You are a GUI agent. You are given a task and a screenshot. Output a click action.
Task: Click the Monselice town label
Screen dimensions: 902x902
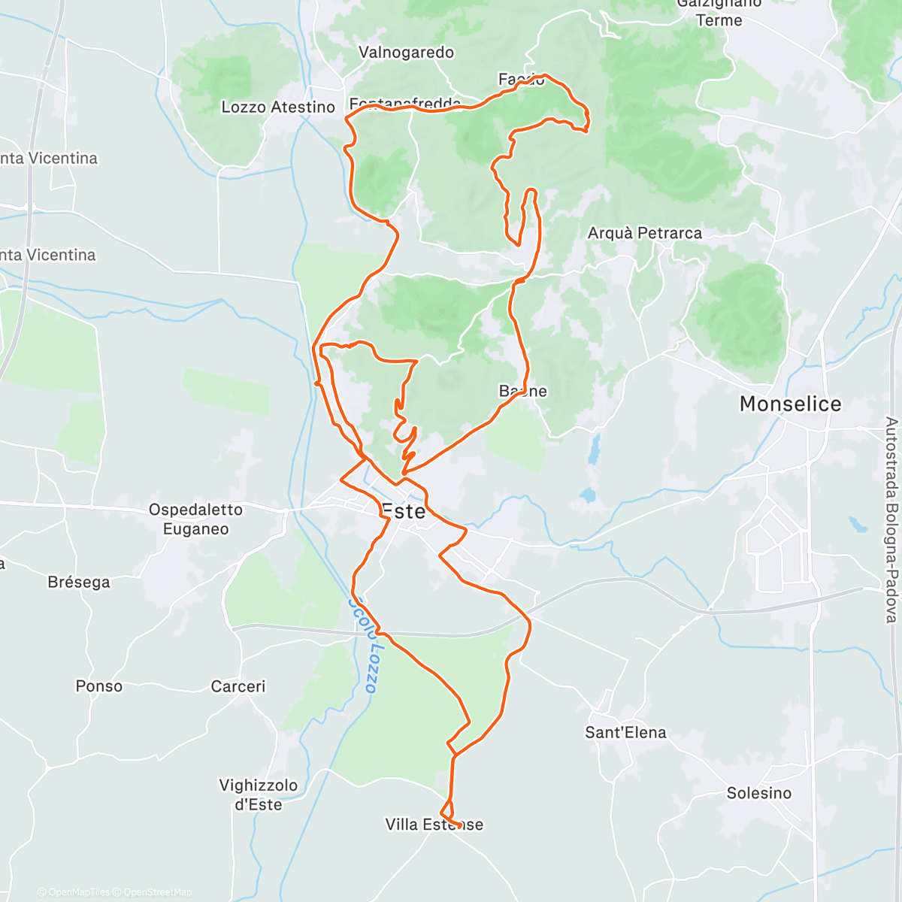(790, 404)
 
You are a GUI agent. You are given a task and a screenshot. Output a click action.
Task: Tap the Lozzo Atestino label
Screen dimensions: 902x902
(277, 107)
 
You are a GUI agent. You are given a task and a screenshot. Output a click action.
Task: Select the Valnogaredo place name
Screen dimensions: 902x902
(406, 53)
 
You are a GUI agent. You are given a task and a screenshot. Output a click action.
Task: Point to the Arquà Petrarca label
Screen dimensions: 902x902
(644, 233)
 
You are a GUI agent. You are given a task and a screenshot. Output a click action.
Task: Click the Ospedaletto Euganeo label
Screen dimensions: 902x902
(195, 519)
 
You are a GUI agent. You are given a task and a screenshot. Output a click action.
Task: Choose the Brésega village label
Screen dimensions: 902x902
(79, 583)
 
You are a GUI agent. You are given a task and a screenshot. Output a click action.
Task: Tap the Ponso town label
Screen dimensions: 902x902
(98, 686)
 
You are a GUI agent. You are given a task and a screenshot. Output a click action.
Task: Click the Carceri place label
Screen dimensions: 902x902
(238, 686)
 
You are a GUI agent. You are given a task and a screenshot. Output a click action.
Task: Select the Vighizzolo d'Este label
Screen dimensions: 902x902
(258, 795)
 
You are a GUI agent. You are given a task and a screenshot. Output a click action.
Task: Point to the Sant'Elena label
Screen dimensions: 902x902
(625, 732)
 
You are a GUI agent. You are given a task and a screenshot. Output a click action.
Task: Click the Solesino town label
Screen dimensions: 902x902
(758, 793)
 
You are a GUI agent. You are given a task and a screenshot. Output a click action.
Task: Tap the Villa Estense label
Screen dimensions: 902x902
(434, 825)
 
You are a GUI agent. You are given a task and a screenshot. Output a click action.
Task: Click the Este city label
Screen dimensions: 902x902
(404, 512)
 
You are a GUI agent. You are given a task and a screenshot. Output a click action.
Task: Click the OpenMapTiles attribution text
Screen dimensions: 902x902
(78, 892)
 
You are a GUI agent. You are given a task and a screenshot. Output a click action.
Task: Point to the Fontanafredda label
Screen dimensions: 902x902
(405, 104)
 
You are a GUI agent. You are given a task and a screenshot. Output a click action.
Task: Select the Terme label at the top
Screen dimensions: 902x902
(719, 20)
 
